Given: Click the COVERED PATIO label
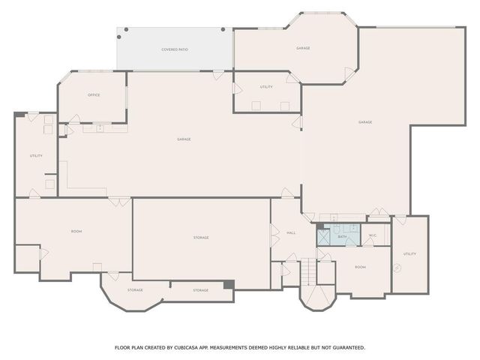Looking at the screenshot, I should [x=174, y=49].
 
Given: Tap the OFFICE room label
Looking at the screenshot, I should [x=94, y=95].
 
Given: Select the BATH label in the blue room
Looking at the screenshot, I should [x=342, y=237].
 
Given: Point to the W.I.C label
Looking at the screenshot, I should [x=372, y=236].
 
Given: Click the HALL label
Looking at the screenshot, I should [x=291, y=233].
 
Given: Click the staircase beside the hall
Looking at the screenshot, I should [x=308, y=271].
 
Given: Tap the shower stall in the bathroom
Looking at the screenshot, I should [x=323, y=237].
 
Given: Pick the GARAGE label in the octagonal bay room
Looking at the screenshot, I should [x=303, y=49].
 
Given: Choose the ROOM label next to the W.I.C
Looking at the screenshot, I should [x=360, y=267].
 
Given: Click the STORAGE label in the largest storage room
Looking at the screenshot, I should [x=200, y=238].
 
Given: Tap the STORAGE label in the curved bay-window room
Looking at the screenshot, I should [x=135, y=289].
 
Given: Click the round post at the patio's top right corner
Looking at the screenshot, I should [x=223, y=28].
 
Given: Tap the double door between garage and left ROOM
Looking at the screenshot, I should [x=118, y=200].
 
